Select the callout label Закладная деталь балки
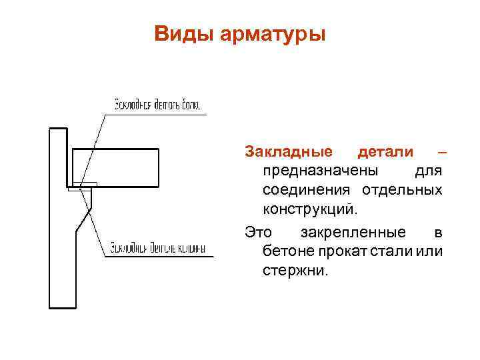[x=157, y=105]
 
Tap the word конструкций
[x=310, y=211]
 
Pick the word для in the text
[x=429, y=171]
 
